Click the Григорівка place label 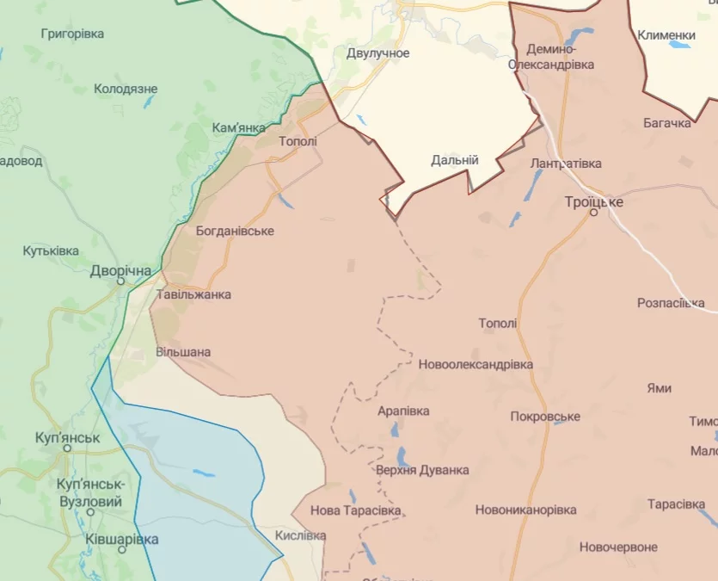72,34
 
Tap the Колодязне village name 126,89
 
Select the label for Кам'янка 238,127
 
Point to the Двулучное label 377,53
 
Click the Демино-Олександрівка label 550,57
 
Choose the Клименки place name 666,34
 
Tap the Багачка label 666,123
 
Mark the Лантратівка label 566,163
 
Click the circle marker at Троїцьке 593,212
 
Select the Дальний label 454,160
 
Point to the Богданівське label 235,231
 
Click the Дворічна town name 120,271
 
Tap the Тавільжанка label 193,294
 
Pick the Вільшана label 183,352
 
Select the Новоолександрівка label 476,364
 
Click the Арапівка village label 403,411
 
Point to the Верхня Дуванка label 422,470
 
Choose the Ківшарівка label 122,539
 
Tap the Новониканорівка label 525,510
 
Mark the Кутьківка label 51,250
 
